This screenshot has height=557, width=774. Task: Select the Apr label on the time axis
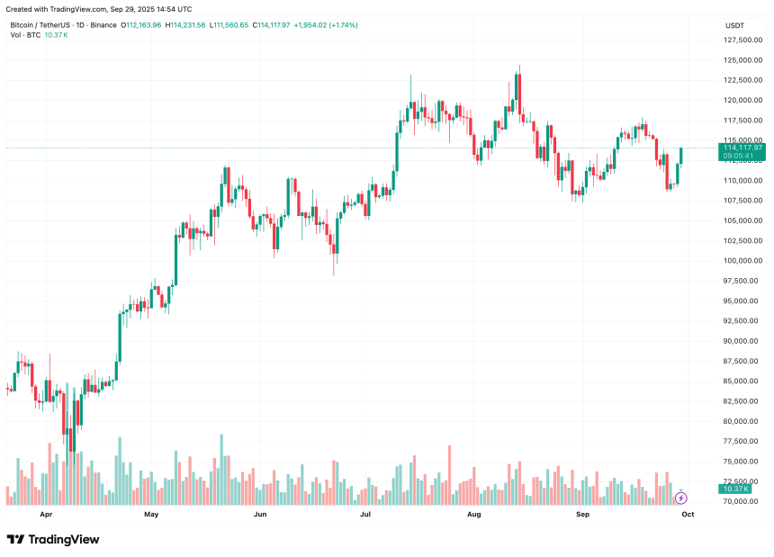pos(46,515)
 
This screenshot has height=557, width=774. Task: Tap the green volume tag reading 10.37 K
pos(734,489)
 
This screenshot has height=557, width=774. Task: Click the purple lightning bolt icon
pos(680,498)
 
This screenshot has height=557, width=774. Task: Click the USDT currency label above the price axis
pos(734,25)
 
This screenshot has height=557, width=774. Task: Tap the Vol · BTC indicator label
pos(25,35)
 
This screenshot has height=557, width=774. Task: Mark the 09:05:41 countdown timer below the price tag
pos(737,157)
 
